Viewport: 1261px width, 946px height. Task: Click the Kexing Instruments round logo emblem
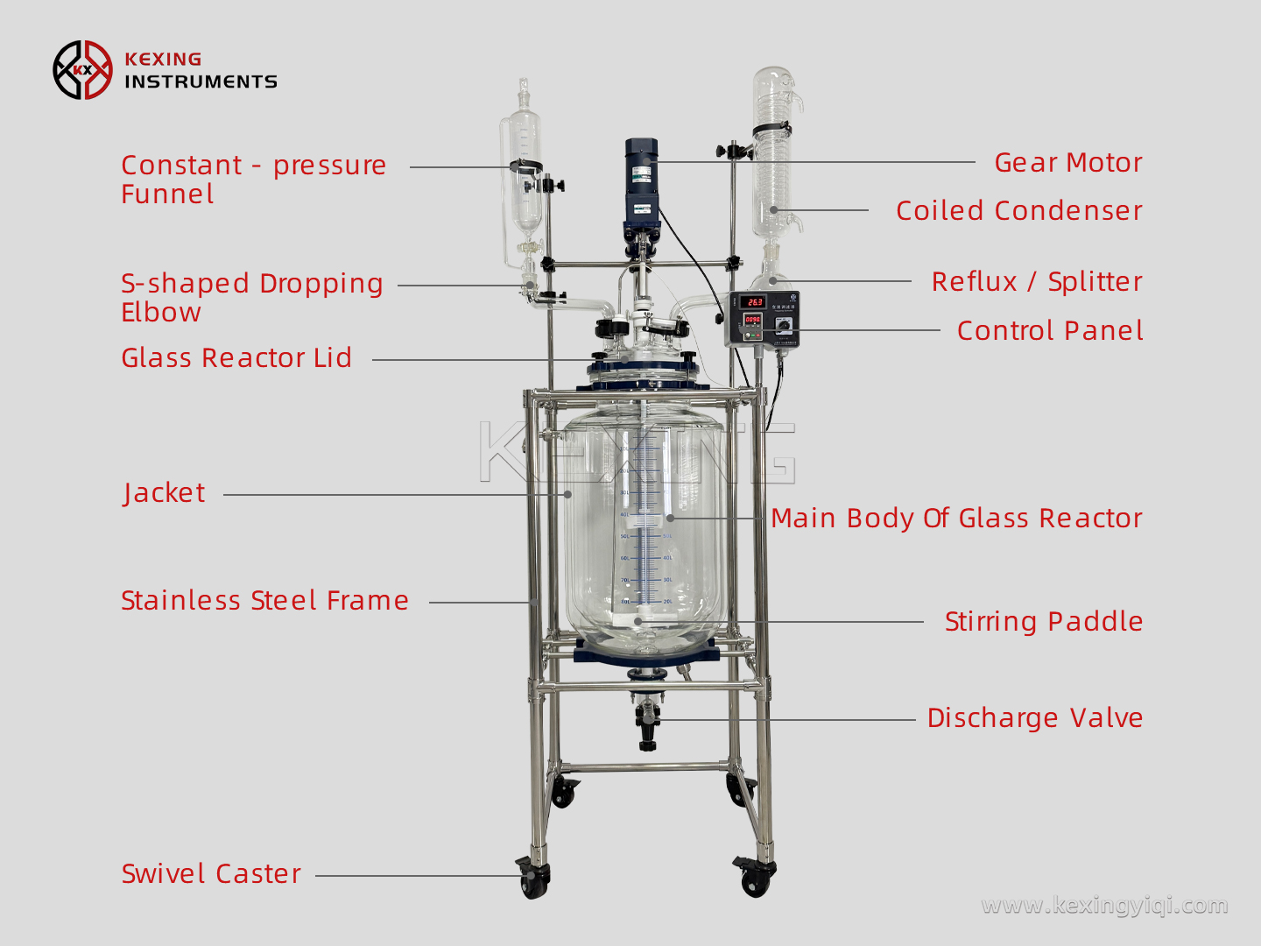(x=83, y=70)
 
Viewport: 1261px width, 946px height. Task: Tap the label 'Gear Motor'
(x=1067, y=163)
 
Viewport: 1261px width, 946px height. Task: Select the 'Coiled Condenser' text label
(x=1018, y=211)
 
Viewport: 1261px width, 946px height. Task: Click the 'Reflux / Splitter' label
(x=1036, y=282)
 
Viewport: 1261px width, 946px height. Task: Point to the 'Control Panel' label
(x=1049, y=331)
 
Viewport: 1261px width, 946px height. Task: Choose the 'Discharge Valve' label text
(x=1034, y=718)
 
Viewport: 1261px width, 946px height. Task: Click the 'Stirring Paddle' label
(x=1043, y=622)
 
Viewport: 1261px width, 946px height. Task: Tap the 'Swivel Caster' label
(x=211, y=874)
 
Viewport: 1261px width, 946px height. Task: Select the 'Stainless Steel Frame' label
(x=264, y=601)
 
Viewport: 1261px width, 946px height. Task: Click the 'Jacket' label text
(x=165, y=493)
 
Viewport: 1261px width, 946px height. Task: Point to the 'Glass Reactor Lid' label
(x=236, y=358)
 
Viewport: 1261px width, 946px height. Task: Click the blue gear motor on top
(x=641, y=180)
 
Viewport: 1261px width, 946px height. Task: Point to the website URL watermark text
(x=1104, y=905)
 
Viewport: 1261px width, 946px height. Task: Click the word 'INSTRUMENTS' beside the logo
(x=201, y=82)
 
